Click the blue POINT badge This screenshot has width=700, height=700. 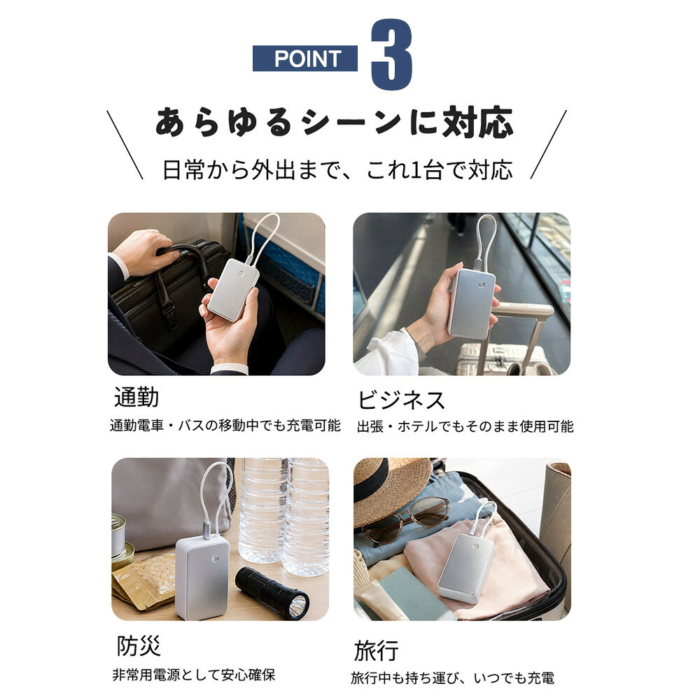click(305, 59)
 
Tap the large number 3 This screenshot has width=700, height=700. click(391, 55)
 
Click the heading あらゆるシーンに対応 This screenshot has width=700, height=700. click(335, 122)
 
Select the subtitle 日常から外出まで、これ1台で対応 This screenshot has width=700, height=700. click(337, 170)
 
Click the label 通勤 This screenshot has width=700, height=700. click(136, 397)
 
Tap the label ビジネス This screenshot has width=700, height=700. click(401, 400)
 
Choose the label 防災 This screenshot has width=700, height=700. click(139, 645)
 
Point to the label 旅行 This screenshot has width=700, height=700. click(377, 650)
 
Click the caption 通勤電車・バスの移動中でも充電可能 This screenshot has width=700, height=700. click(225, 426)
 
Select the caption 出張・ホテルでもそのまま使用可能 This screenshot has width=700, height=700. click(465, 427)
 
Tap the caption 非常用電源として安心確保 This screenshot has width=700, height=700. click(194, 675)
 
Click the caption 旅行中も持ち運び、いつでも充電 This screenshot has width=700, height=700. click(453, 678)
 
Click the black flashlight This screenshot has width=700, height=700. click(272, 592)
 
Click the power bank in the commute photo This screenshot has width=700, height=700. click(234, 288)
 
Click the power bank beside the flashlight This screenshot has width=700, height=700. click(203, 578)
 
